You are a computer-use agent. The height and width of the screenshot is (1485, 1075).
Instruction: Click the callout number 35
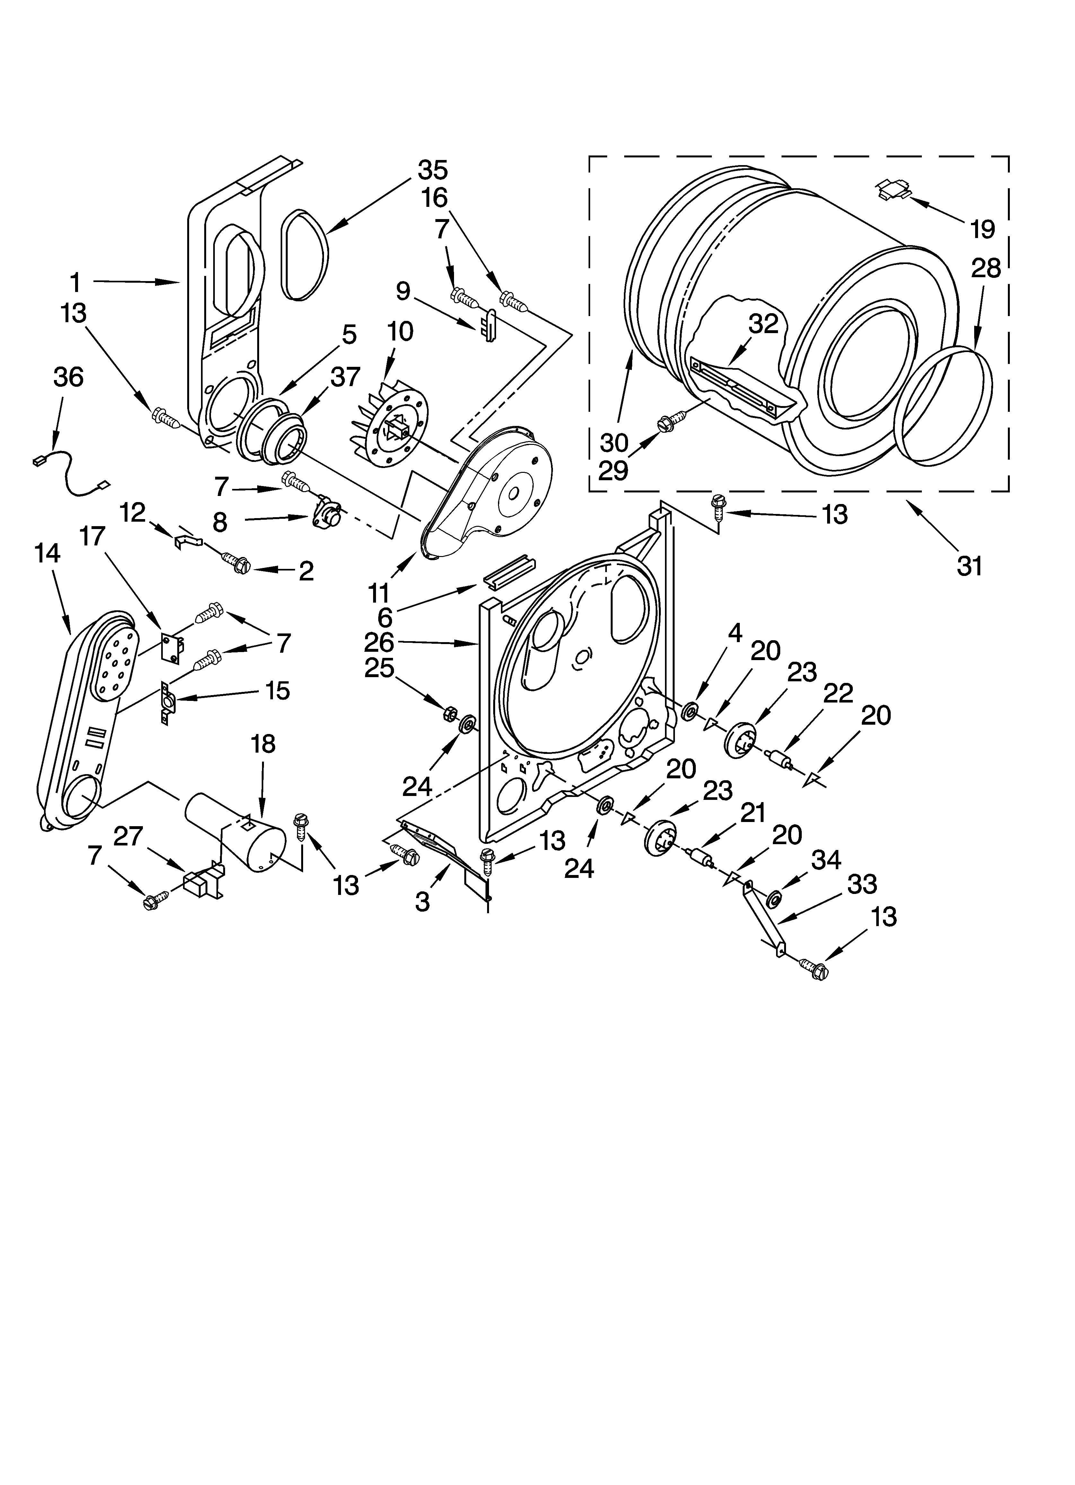[x=433, y=170]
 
